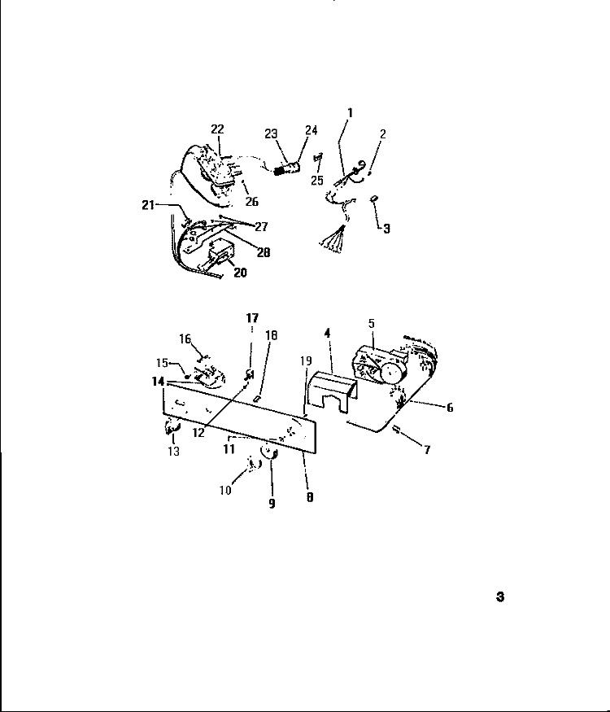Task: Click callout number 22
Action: pyautogui.click(x=217, y=129)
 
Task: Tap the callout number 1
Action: pyautogui.click(x=350, y=112)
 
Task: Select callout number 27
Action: pyautogui.click(x=261, y=226)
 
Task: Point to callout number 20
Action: pyautogui.click(x=240, y=273)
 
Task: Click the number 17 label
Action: pyautogui.click(x=252, y=318)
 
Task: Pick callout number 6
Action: pyautogui.click(x=450, y=408)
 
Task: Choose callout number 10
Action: pyautogui.click(x=225, y=491)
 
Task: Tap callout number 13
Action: pyautogui.click(x=174, y=452)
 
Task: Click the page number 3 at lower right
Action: pyautogui.click(x=500, y=596)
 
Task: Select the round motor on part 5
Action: pyautogui.click(x=392, y=373)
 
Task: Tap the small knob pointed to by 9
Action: pyautogui.click(x=268, y=452)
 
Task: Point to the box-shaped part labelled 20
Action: pyautogui.click(x=219, y=252)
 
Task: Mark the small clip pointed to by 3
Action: pyautogui.click(x=374, y=198)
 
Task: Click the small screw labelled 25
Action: pyautogui.click(x=318, y=157)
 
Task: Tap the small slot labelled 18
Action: pyautogui.click(x=257, y=400)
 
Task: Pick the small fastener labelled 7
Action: pyautogui.click(x=396, y=429)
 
